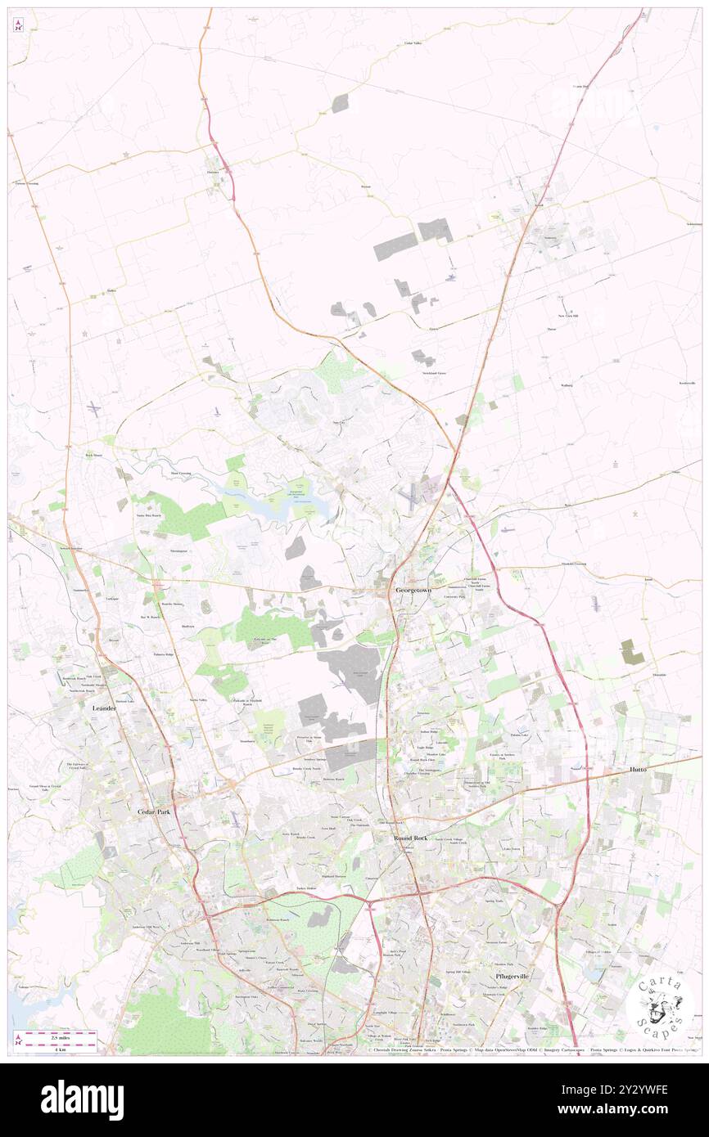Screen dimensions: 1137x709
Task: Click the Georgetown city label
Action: click(413, 590)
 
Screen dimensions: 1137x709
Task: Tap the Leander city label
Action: click(104, 708)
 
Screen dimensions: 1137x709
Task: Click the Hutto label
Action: click(638, 770)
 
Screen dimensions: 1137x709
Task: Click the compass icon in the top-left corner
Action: click(19, 24)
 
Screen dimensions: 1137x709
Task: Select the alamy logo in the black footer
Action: click(82, 1100)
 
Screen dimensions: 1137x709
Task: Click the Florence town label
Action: click(213, 172)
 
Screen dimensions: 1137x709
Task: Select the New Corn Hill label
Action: click(568, 316)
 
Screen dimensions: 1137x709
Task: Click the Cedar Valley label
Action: click(412, 43)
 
